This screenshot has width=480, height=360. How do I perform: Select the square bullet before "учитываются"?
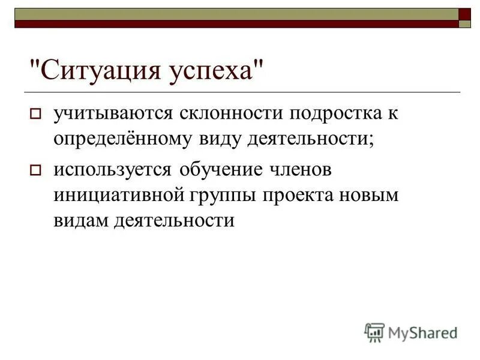tap(35, 113)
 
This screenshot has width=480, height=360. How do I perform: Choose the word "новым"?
tap(368, 196)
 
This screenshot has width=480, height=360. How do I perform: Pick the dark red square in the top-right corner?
tap(465, 14)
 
